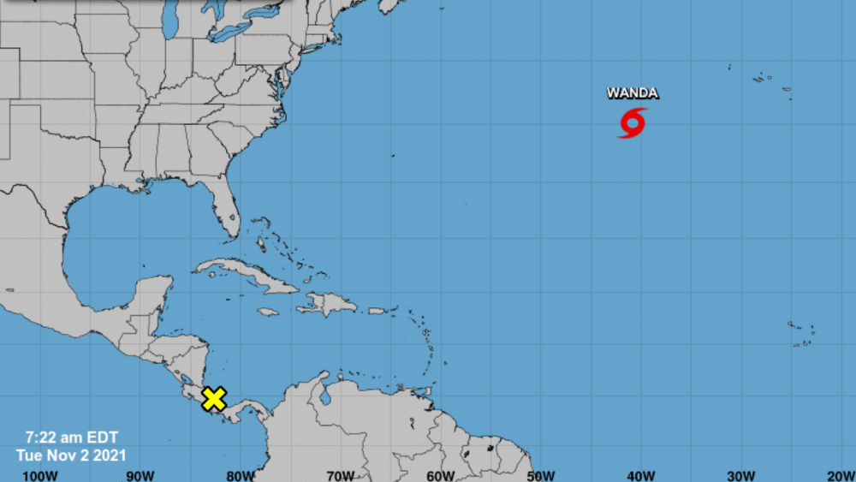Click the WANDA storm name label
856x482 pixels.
[633, 93]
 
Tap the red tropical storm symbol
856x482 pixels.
[633, 123]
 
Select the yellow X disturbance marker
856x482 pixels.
[214, 398]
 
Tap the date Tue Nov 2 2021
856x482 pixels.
[70, 455]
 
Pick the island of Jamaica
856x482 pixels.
[268, 312]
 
